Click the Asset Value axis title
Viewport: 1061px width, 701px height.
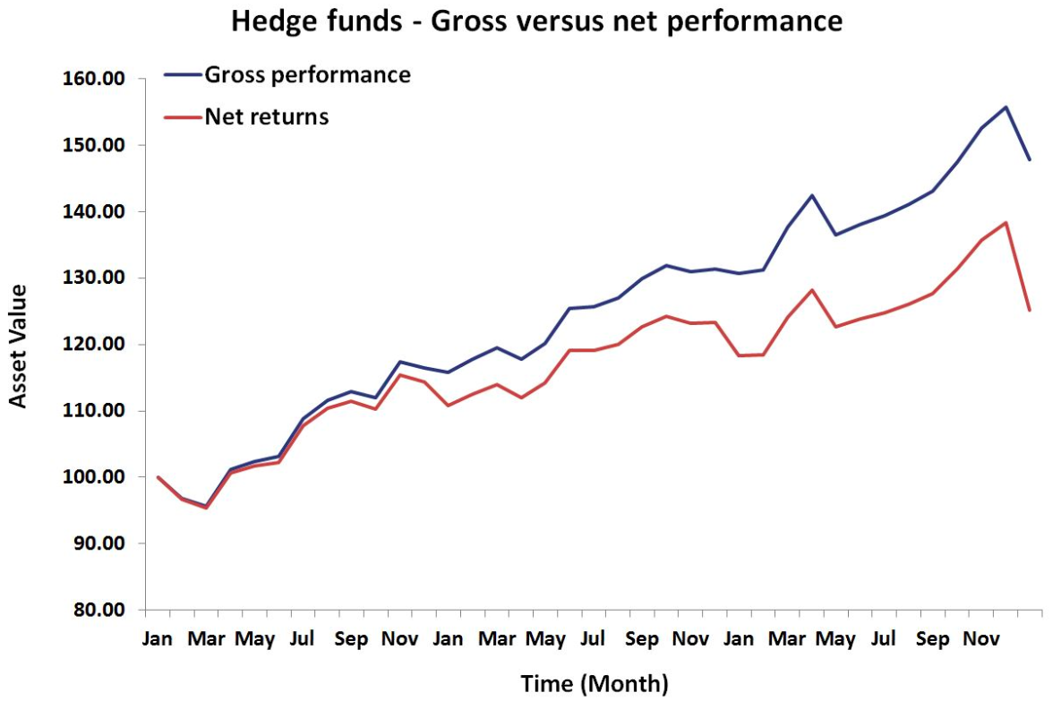(x=19, y=346)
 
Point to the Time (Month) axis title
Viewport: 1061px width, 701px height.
(x=595, y=684)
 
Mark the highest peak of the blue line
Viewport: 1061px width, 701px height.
(x=1005, y=107)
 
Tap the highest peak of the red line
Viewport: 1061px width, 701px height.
(x=1005, y=223)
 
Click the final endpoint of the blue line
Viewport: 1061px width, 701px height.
(x=1030, y=159)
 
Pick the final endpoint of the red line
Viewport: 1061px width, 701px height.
(x=1030, y=310)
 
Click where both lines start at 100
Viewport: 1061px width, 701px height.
(x=158, y=477)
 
